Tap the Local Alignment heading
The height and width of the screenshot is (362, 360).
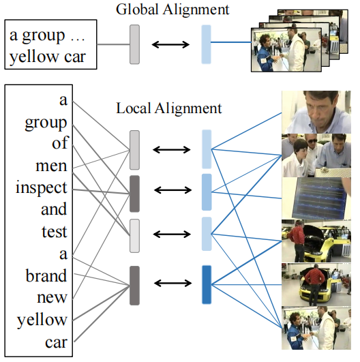click(168, 108)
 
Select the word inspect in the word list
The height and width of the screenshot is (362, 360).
click(42, 188)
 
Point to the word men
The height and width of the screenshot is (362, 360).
click(52, 166)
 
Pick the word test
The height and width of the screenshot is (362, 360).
click(54, 232)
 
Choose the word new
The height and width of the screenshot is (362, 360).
click(55, 297)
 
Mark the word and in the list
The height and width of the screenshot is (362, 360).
click(55, 210)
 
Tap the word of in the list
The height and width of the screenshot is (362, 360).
click(59, 145)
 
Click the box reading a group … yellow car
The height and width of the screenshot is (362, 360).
click(50, 44)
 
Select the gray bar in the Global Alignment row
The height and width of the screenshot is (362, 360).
click(134, 44)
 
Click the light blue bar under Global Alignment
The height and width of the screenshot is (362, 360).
click(206, 44)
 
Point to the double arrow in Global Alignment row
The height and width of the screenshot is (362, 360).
click(170, 44)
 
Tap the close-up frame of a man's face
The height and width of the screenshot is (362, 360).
click(316, 112)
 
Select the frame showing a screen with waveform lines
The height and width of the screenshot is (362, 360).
click(316, 197)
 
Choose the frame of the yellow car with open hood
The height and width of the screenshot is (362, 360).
click(316, 240)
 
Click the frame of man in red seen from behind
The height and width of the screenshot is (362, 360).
click(316, 283)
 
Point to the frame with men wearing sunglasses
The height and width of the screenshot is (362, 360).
click(316, 155)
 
